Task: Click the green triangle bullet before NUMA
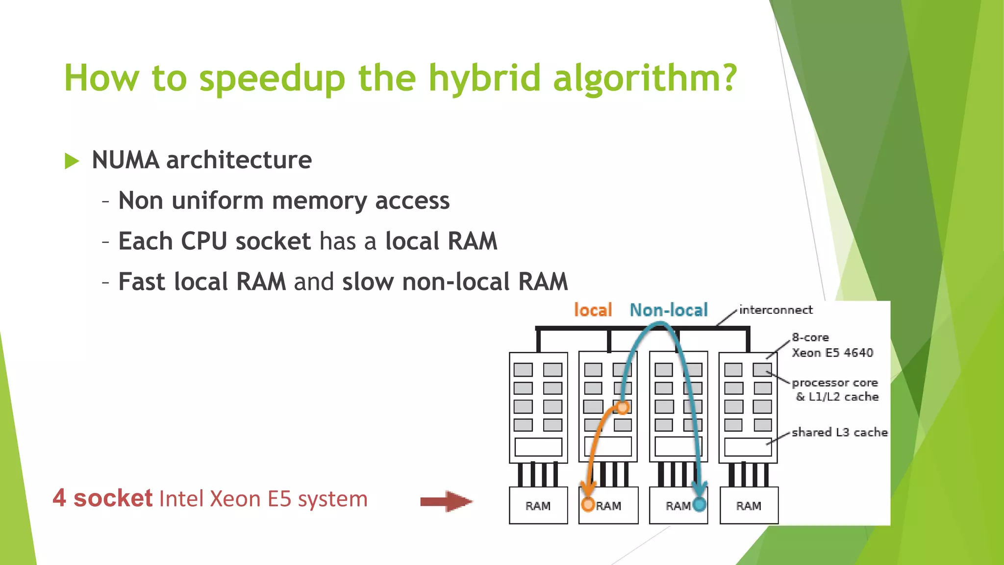coord(72,161)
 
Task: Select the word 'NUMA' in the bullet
coord(125,160)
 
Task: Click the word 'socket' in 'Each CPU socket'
coord(273,242)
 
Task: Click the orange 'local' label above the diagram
coord(593,310)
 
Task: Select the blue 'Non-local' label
coord(669,310)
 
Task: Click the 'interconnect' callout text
coord(776,310)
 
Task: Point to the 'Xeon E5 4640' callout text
coord(832,353)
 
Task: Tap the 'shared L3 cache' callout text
coord(839,433)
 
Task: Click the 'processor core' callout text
coord(834,383)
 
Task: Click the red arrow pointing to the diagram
coord(446,501)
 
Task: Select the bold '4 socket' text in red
coord(102,498)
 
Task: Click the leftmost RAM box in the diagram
coord(538,506)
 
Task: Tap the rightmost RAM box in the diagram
coord(749,506)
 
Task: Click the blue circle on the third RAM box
coord(700,504)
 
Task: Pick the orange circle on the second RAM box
coord(588,504)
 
